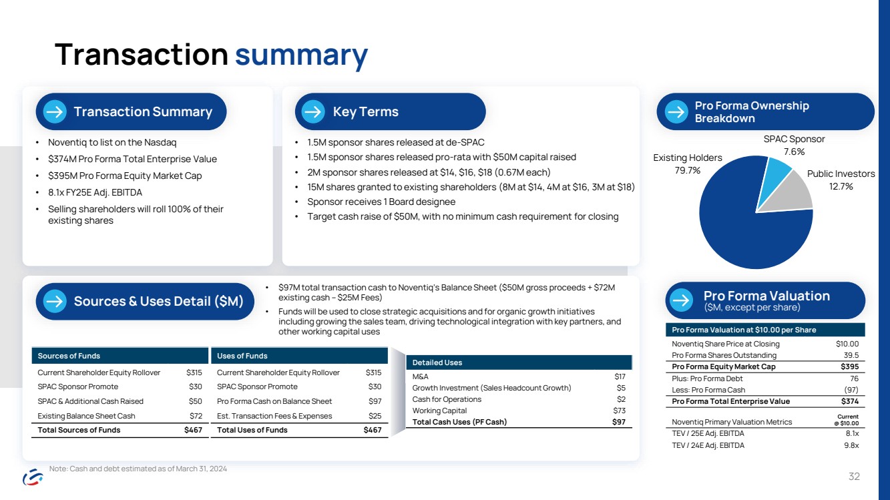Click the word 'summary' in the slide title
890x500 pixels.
tap(300, 55)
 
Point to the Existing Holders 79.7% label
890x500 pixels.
tap(687, 164)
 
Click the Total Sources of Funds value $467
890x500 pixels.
tap(193, 430)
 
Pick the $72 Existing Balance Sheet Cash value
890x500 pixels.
tap(194, 416)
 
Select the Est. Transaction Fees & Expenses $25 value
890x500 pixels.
tap(375, 416)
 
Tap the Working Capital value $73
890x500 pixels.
tap(619, 411)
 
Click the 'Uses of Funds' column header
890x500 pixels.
tap(242, 356)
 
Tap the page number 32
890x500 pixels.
tap(854, 477)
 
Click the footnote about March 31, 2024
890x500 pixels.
tap(138, 469)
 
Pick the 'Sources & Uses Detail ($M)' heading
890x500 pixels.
tap(158, 301)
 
